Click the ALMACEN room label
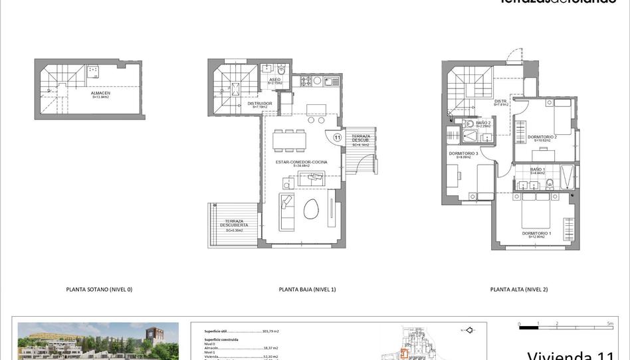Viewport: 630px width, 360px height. coord(101,93)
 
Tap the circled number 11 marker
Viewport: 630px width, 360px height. coord(338,137)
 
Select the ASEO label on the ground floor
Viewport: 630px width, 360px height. coord(274,80)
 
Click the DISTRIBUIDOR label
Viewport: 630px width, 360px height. coord(260,104)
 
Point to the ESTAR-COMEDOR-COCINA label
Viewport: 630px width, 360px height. coord(302,162)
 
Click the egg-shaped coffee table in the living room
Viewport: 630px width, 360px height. coord(311,210)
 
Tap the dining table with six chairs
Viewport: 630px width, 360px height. coord(290,139)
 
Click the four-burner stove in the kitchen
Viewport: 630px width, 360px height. coord(306,81)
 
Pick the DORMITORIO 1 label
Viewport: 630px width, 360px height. coord(536,234)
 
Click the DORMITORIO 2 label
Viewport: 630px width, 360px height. coord(542,137)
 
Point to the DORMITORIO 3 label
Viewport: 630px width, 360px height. coord(463,154)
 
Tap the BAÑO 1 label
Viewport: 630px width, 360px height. coord(538,169)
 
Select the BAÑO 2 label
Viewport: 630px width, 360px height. coord(483,123)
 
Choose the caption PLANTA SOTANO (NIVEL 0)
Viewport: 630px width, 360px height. coord(100,290)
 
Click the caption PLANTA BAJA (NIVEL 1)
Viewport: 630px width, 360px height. coord(308,290)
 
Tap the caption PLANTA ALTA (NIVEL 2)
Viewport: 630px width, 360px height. coord(519,290)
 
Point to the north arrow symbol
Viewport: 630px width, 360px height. coord(468,329)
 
